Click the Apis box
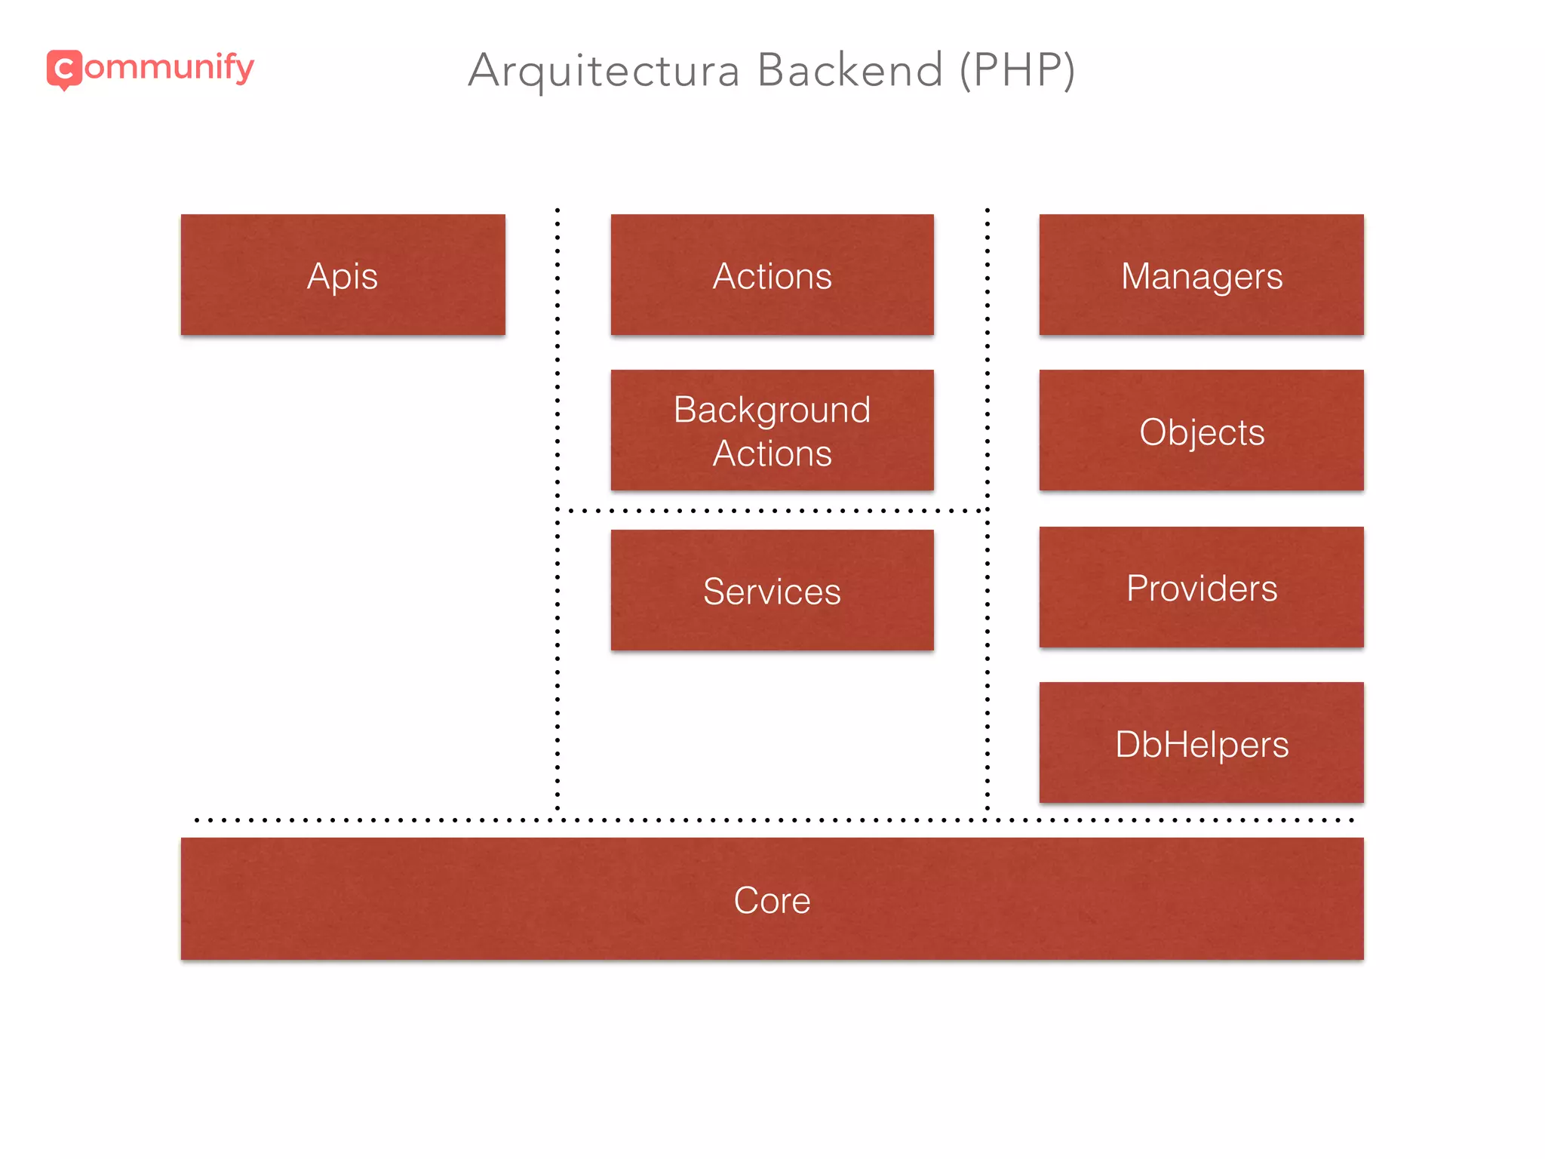342,275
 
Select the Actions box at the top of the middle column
772,275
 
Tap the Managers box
1201,275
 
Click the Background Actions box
772,430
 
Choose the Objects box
1201,431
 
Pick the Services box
772,590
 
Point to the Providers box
1201,587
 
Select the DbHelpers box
1201,743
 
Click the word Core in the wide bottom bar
772,900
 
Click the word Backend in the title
850,70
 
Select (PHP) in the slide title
1017,70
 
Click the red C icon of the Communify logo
64,69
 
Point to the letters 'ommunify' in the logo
169,68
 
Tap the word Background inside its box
772,410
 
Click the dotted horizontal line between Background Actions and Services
772,511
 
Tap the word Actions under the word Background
772,453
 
